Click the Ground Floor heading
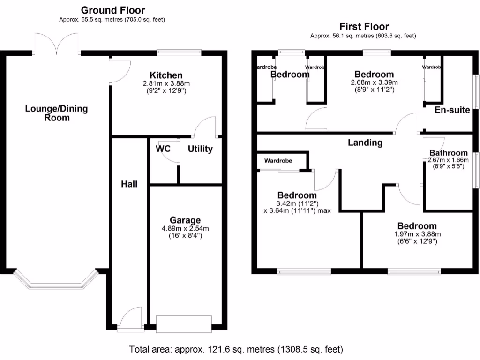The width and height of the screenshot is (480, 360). [112, 10]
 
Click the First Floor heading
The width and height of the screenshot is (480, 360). [364, 26]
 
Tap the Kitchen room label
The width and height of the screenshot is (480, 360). [166, 75]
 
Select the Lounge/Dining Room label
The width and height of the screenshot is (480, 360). [56, 113]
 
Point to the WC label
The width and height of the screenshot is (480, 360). [163, 149]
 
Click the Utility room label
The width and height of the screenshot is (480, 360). [200, 149]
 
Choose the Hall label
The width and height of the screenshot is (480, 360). [129, 184]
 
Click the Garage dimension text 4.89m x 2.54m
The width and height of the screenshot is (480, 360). [185, 229]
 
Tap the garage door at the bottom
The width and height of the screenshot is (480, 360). [184, 324]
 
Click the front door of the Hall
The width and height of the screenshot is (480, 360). [130, 320]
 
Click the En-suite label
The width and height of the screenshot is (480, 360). [452, 110]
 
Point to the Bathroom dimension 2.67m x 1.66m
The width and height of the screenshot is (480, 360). [448, 160]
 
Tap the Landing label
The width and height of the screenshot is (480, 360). [365, 142]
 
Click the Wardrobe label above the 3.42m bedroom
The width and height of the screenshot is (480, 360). [278, 161]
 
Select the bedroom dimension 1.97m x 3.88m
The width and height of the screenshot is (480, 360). [417, 234]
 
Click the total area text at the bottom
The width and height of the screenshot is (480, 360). [236, 349]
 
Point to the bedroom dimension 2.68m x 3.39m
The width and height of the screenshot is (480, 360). [374, 82]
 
